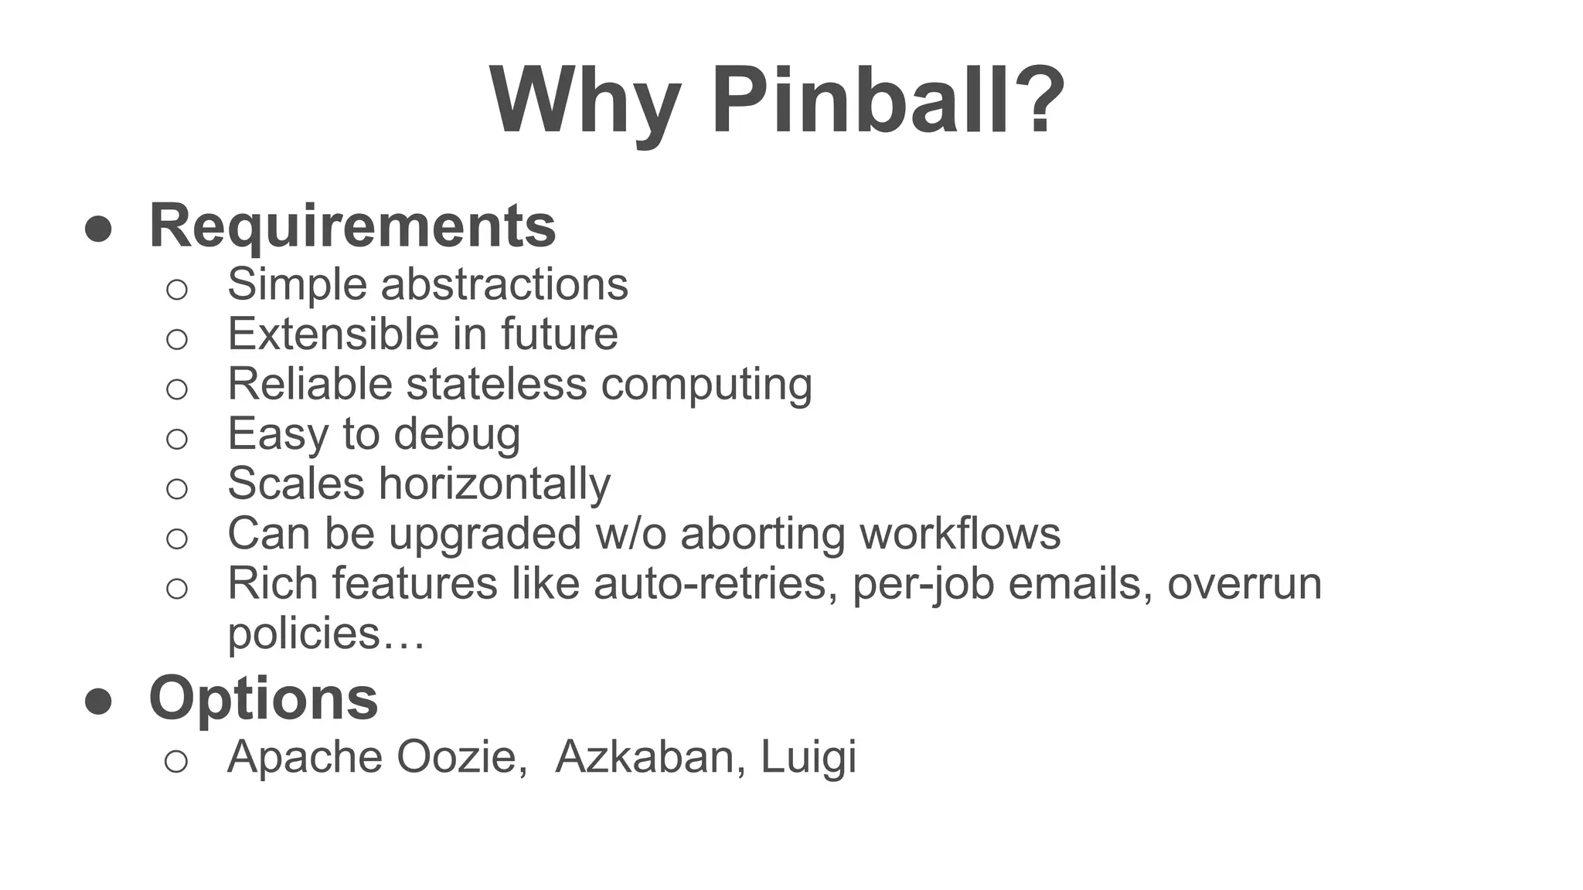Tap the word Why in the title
point(584,102)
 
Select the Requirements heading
point(352,226)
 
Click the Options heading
point(264,698)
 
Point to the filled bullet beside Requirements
point(99,229)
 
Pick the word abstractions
point(505,284)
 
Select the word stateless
point(495,383)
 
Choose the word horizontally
point(495,484)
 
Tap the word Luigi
point(809,757)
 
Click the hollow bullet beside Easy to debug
point(177,439)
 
